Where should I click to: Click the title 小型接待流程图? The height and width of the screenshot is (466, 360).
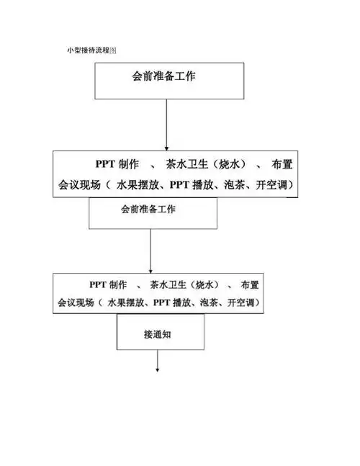(x=91, y=51)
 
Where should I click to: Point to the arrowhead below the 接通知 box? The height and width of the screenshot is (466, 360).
(x=157, y=370)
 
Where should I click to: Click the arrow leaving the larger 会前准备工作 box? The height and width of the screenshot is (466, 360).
(x=167, y=122)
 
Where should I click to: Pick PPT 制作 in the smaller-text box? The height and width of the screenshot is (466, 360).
(x=108, y=284)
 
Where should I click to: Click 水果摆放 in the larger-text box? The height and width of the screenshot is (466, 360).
(x=134, y=185)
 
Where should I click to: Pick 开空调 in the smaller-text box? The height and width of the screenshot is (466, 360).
(x=241, y=303)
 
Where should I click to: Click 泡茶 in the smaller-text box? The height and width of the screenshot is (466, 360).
(x=207, y=303)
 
